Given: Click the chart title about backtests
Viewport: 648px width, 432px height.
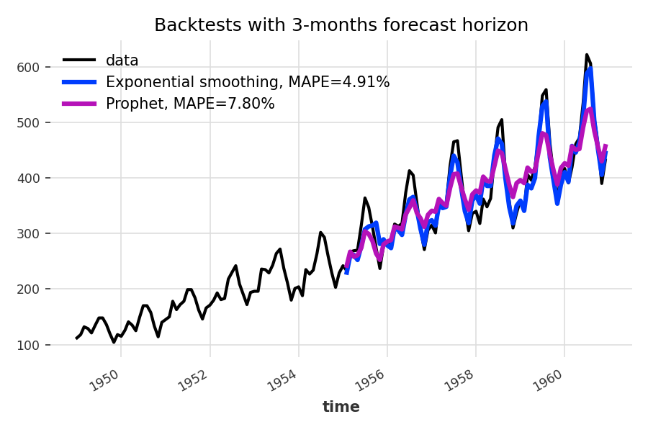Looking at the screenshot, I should click(x=341, y=25).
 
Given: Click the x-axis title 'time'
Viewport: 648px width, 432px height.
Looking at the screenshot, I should click(x=341, y=407).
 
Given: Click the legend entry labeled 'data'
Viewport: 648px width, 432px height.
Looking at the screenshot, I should click(x=122, y=60).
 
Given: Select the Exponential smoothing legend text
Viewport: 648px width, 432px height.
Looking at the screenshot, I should click(x=248, y=82).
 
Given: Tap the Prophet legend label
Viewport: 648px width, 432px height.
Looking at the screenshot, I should click(x=190, y=104).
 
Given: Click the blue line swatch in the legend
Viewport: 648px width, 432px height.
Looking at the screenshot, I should click(x=79, y=82).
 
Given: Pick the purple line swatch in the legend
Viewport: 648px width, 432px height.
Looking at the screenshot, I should click(x=79, y=104).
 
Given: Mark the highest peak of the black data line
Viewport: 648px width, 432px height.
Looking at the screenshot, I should click(x=587, y=55).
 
